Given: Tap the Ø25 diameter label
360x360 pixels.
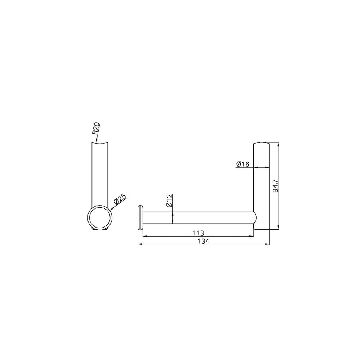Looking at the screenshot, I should pyautogui.click(x=120, y=200).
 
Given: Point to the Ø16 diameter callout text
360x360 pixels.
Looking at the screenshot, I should pyautogui.click(x=243, y=164).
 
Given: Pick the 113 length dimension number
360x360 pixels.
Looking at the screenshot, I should pyautogui.click(x=198, y=233).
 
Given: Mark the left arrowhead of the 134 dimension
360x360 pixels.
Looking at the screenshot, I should pyautogui.click(x=140, y=244).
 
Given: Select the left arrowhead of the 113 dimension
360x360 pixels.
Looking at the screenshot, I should pyautogui.click(x=145, y=236).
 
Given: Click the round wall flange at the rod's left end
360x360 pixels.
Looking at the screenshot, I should pyautogui.click(x=140, y=217).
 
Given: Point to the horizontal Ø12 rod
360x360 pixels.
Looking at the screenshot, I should pyautogui.click(x=198, y=218).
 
